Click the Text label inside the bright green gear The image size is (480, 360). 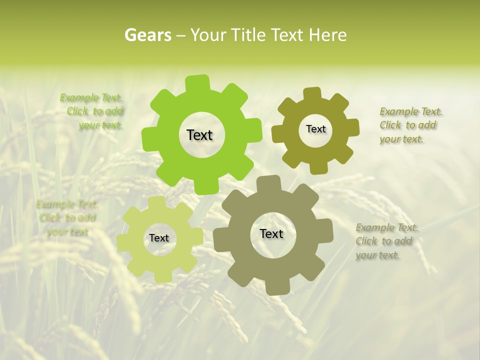199,135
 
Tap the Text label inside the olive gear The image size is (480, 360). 315,129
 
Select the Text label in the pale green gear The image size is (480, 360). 159,238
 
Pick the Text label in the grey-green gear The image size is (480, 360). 271,234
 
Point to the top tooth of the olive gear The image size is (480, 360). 311,94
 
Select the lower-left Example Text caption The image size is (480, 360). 66,218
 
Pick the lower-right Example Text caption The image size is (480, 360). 385,241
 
